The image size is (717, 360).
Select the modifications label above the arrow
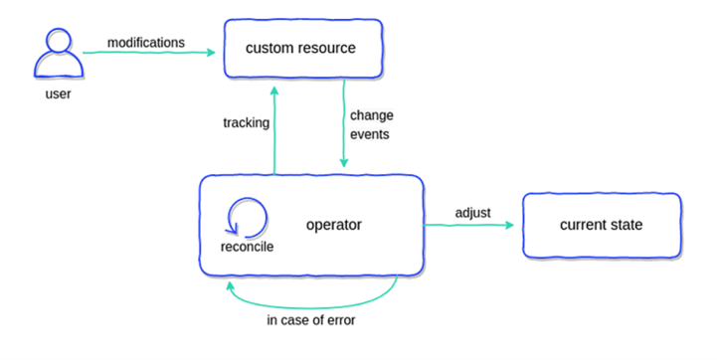coord(145,43)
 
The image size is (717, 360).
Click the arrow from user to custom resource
coord(149,54)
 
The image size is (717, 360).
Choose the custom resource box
coord(301,48)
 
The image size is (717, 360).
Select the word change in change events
coord(370,115)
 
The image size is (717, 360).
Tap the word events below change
coord(369,133)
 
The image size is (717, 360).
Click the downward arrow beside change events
coord(344,124)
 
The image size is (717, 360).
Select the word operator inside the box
coord(333,225)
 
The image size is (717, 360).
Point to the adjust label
coord(471,213)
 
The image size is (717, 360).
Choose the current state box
coord(601,226)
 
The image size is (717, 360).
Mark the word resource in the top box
coord(329,48)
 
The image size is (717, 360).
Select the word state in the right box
coord(626,226)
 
